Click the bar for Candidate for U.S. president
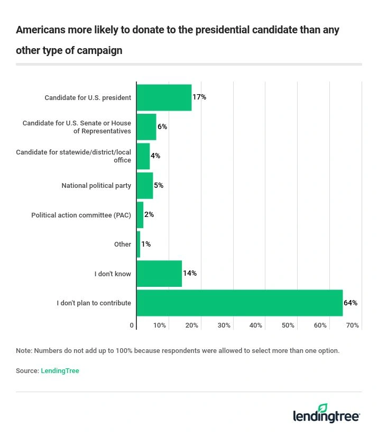(164, 97)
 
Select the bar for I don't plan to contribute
(239, 303)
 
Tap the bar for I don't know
(159, 274)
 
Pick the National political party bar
(145, 186)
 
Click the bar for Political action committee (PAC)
(140, 215)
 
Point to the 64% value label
(351, 303)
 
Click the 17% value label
(199, 97)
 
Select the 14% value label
(190, 274)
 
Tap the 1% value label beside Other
(146, 244)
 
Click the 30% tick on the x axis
(224, 325)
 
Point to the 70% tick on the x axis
(352, 325)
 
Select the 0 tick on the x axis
(132, 325)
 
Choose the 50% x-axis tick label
(288, 325)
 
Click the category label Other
(123, 244)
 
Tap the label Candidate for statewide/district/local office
(73, 156)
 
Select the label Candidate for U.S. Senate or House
(77, 127)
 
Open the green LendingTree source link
(60, 371)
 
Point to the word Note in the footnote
(23, 350)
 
